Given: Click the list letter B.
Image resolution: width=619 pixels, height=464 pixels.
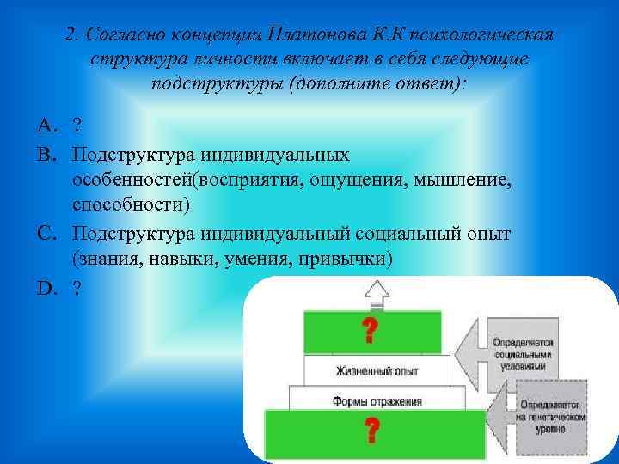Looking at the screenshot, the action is (44, 154).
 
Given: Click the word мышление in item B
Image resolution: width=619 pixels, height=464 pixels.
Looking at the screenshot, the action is (463, 180).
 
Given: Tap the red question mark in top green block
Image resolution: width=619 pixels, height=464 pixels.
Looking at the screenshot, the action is (371, 329).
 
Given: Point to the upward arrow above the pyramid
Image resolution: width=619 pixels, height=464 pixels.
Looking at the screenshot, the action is (378, 295).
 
